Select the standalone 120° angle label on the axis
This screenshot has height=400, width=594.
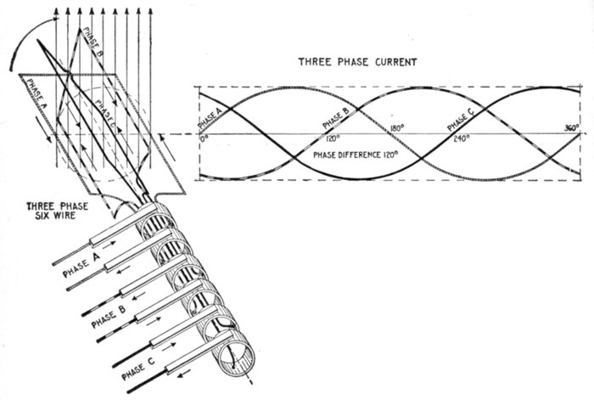tap(332, 138)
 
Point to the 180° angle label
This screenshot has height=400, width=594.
tap(396, 129)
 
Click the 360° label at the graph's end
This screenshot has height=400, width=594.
tap(572, 128)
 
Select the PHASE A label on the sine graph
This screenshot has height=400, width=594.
tap(210, 119)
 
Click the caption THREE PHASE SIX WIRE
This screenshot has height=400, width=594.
tap(53, 211)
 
